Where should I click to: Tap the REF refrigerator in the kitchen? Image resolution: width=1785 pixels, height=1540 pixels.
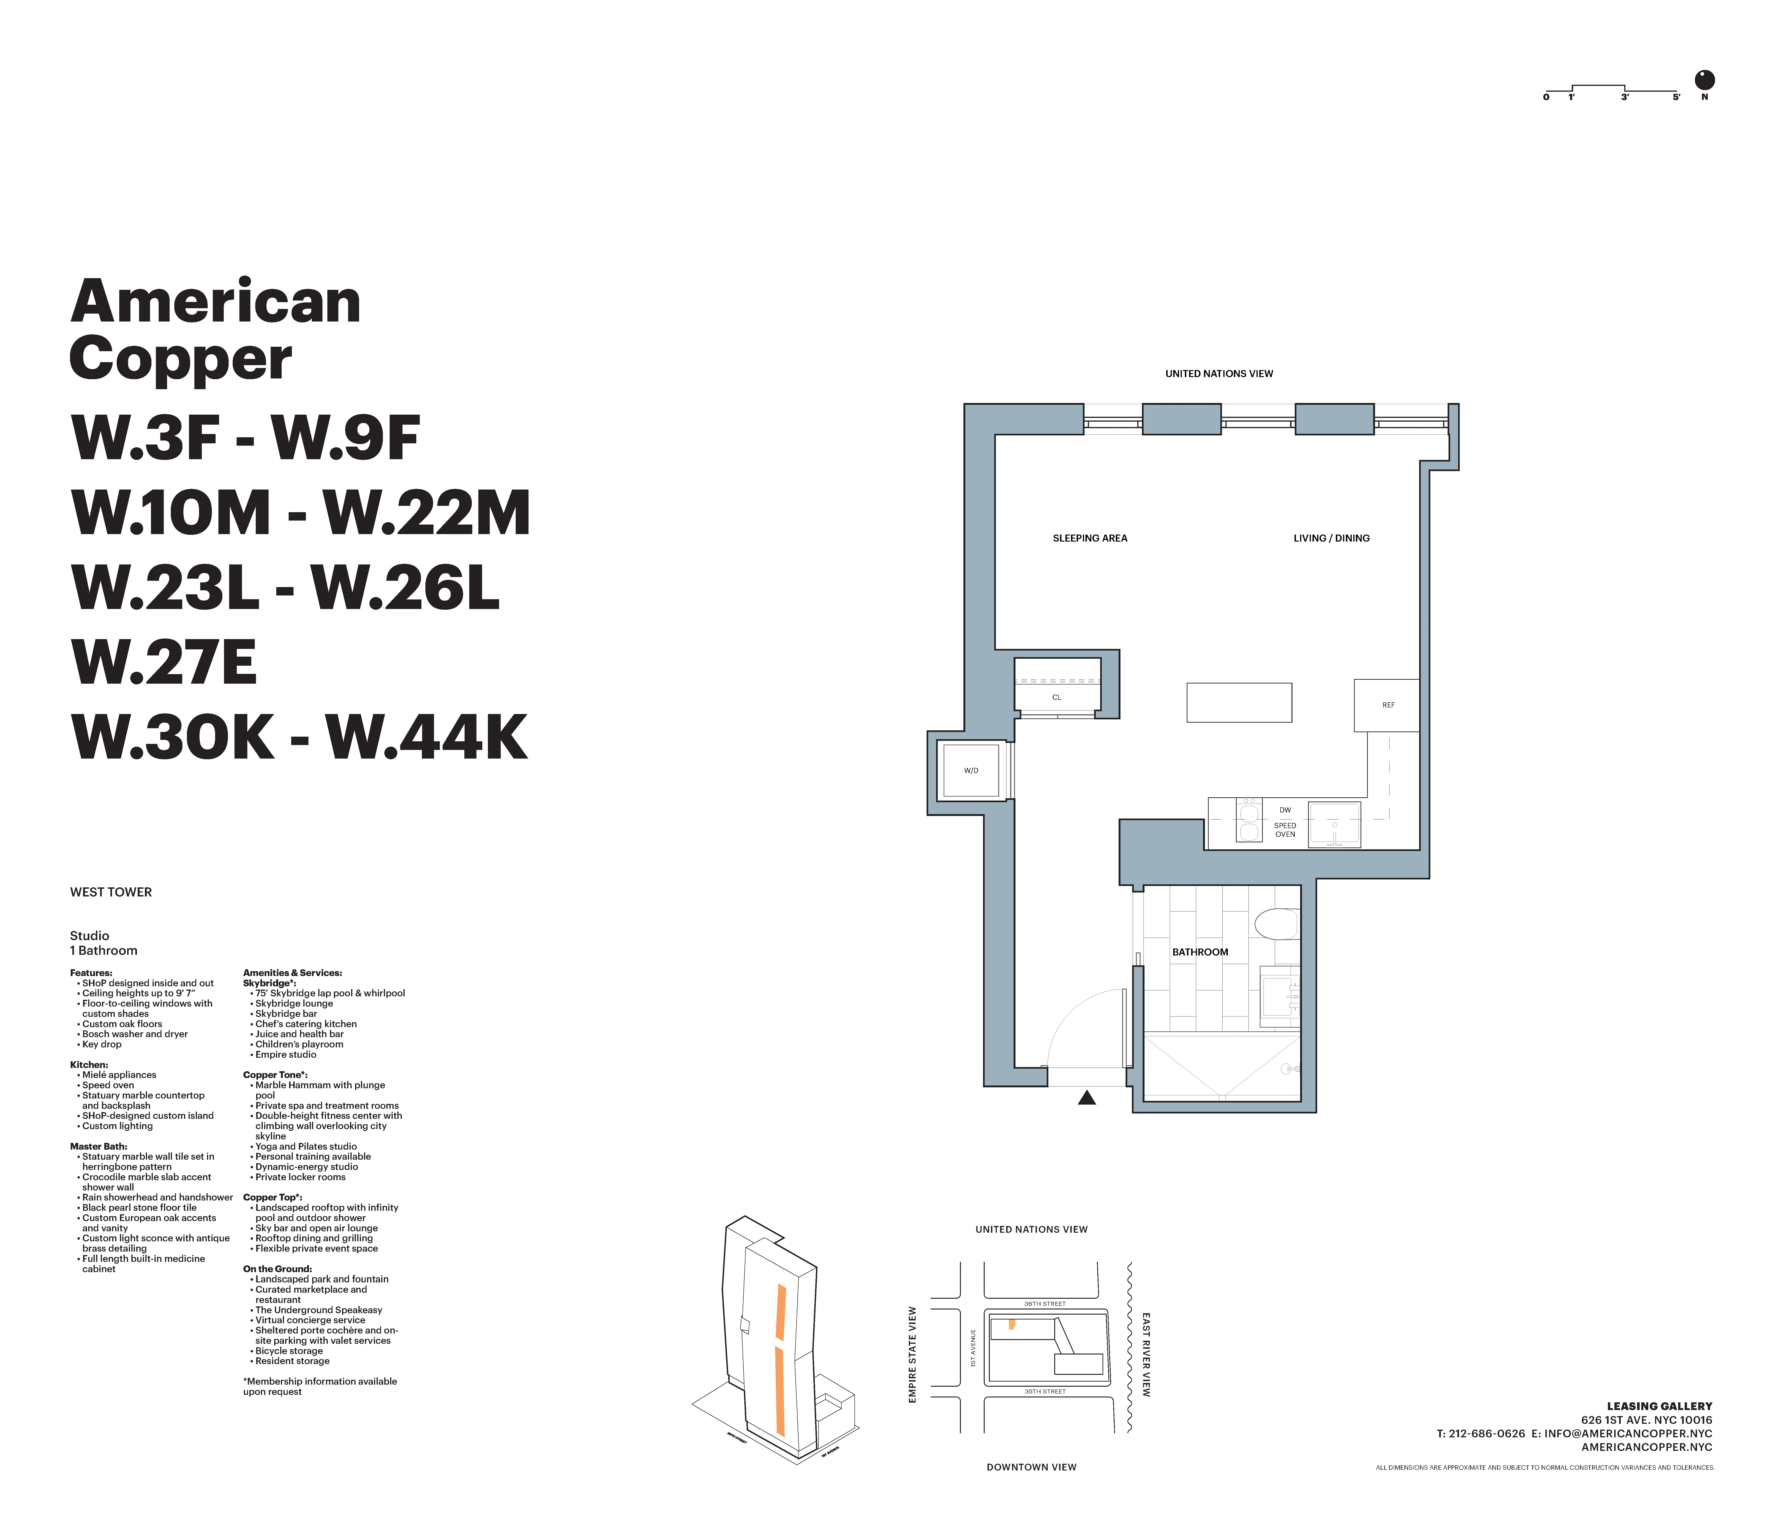tap(1387, 705)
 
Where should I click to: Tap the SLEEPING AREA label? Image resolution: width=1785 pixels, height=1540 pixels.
tap(1090, 538)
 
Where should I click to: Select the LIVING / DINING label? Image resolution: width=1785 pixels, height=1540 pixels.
tap(1331, 538)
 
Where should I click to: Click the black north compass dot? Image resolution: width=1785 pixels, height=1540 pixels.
tap(1704, 80)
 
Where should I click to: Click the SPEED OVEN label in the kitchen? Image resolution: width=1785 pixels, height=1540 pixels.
tap(1284, 829)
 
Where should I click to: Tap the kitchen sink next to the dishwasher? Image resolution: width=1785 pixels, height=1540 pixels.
tap(1333, 824)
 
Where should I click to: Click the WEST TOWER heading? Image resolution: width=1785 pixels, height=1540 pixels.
tap(111, 892)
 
